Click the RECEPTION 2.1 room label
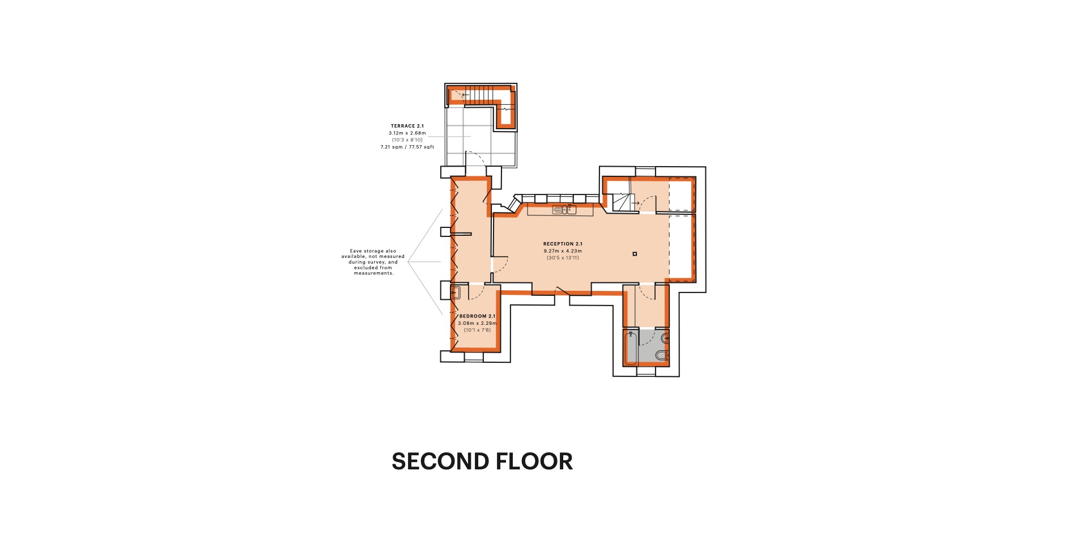(x=562, y=244)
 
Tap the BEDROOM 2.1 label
(x=477, y=316)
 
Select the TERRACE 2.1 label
(x=407, y=126)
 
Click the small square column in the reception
(x=635, y=254)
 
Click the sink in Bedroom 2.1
(x=455, y=293)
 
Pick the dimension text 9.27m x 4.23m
(x=562, y=251)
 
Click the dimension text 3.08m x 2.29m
(x=477, y=323)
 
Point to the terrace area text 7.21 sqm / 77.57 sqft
(x=407, y=147)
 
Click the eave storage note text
(x=373, y=262)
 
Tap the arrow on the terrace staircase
(x=465, y=95)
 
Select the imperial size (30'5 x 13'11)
(x=562, y=258)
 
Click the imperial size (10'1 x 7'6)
(x=477, y=330)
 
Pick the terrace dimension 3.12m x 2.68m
(x=407, y=133)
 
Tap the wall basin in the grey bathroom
(x=665, y=338)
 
